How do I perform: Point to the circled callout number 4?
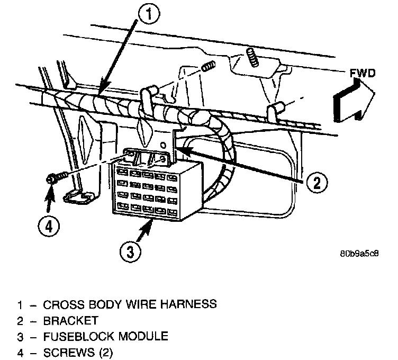(x=49, y=227)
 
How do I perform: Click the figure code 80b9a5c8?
(x=359, y=253)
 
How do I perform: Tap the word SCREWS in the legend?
(x=66, y=352)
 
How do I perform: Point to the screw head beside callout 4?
(x=51, y=178)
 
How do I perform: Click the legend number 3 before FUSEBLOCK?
(x=20, y=336)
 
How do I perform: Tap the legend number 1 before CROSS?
(x=20, y=305)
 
